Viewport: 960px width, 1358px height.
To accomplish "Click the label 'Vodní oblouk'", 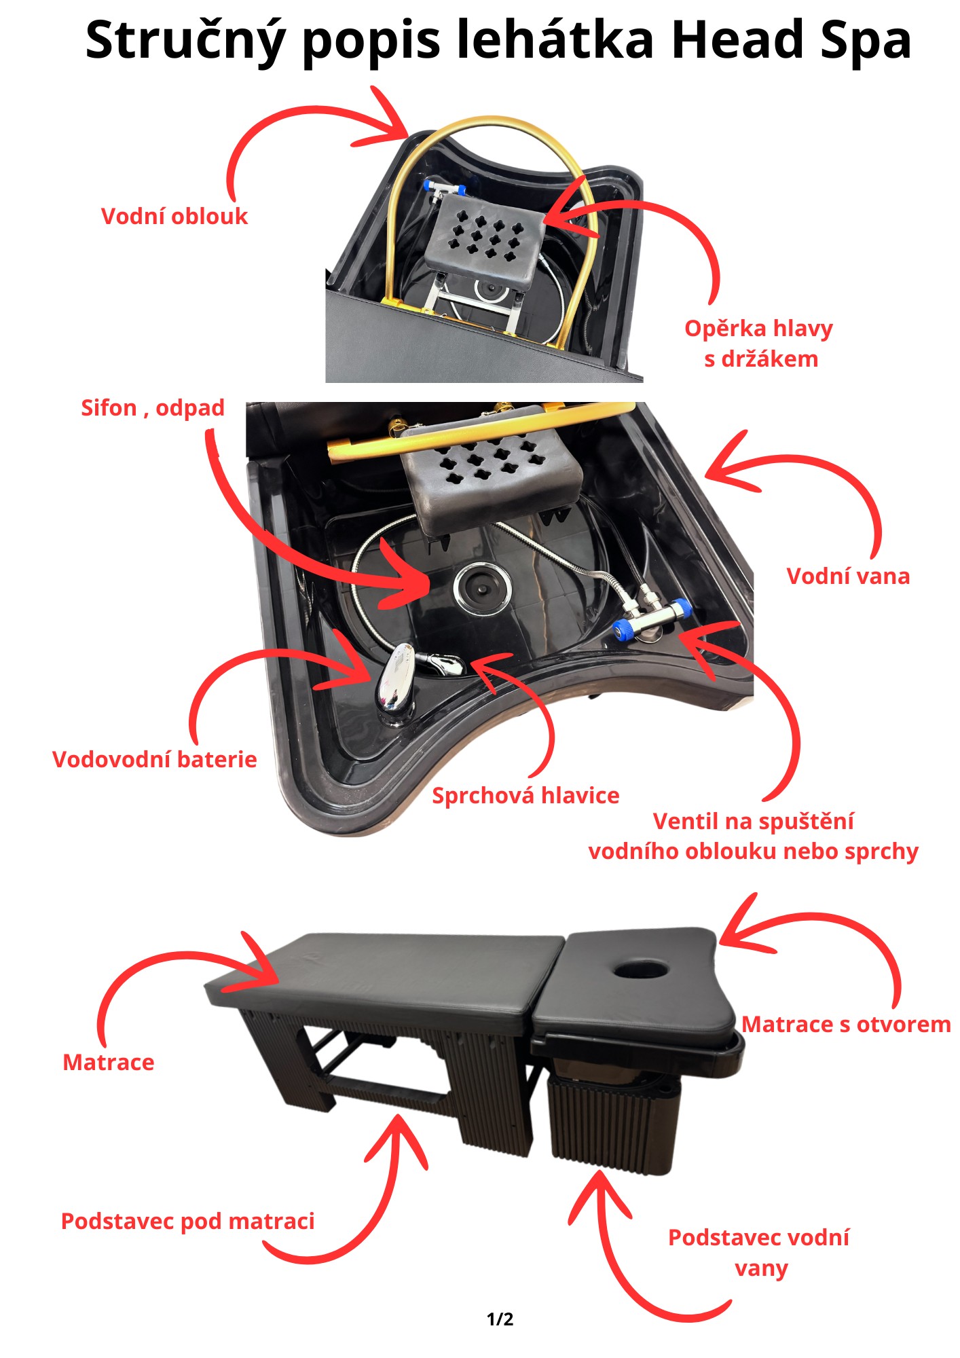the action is point(174,217).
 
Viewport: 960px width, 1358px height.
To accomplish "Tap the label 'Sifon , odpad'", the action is point(153,408).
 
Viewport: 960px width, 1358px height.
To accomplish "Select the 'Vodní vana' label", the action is point(848,576).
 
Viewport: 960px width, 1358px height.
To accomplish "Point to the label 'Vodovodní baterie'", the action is point(155,759).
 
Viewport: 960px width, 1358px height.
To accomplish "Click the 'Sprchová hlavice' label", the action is point(525,796).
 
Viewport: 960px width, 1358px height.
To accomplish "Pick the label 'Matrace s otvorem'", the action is point(846,1025).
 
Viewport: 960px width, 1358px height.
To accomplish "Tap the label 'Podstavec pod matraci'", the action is point(188,1222).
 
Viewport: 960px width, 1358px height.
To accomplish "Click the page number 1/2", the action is point(500,1319).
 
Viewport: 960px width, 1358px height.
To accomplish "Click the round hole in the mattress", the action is point(641,968).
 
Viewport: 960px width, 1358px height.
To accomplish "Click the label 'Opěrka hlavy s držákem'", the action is point(759,344).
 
